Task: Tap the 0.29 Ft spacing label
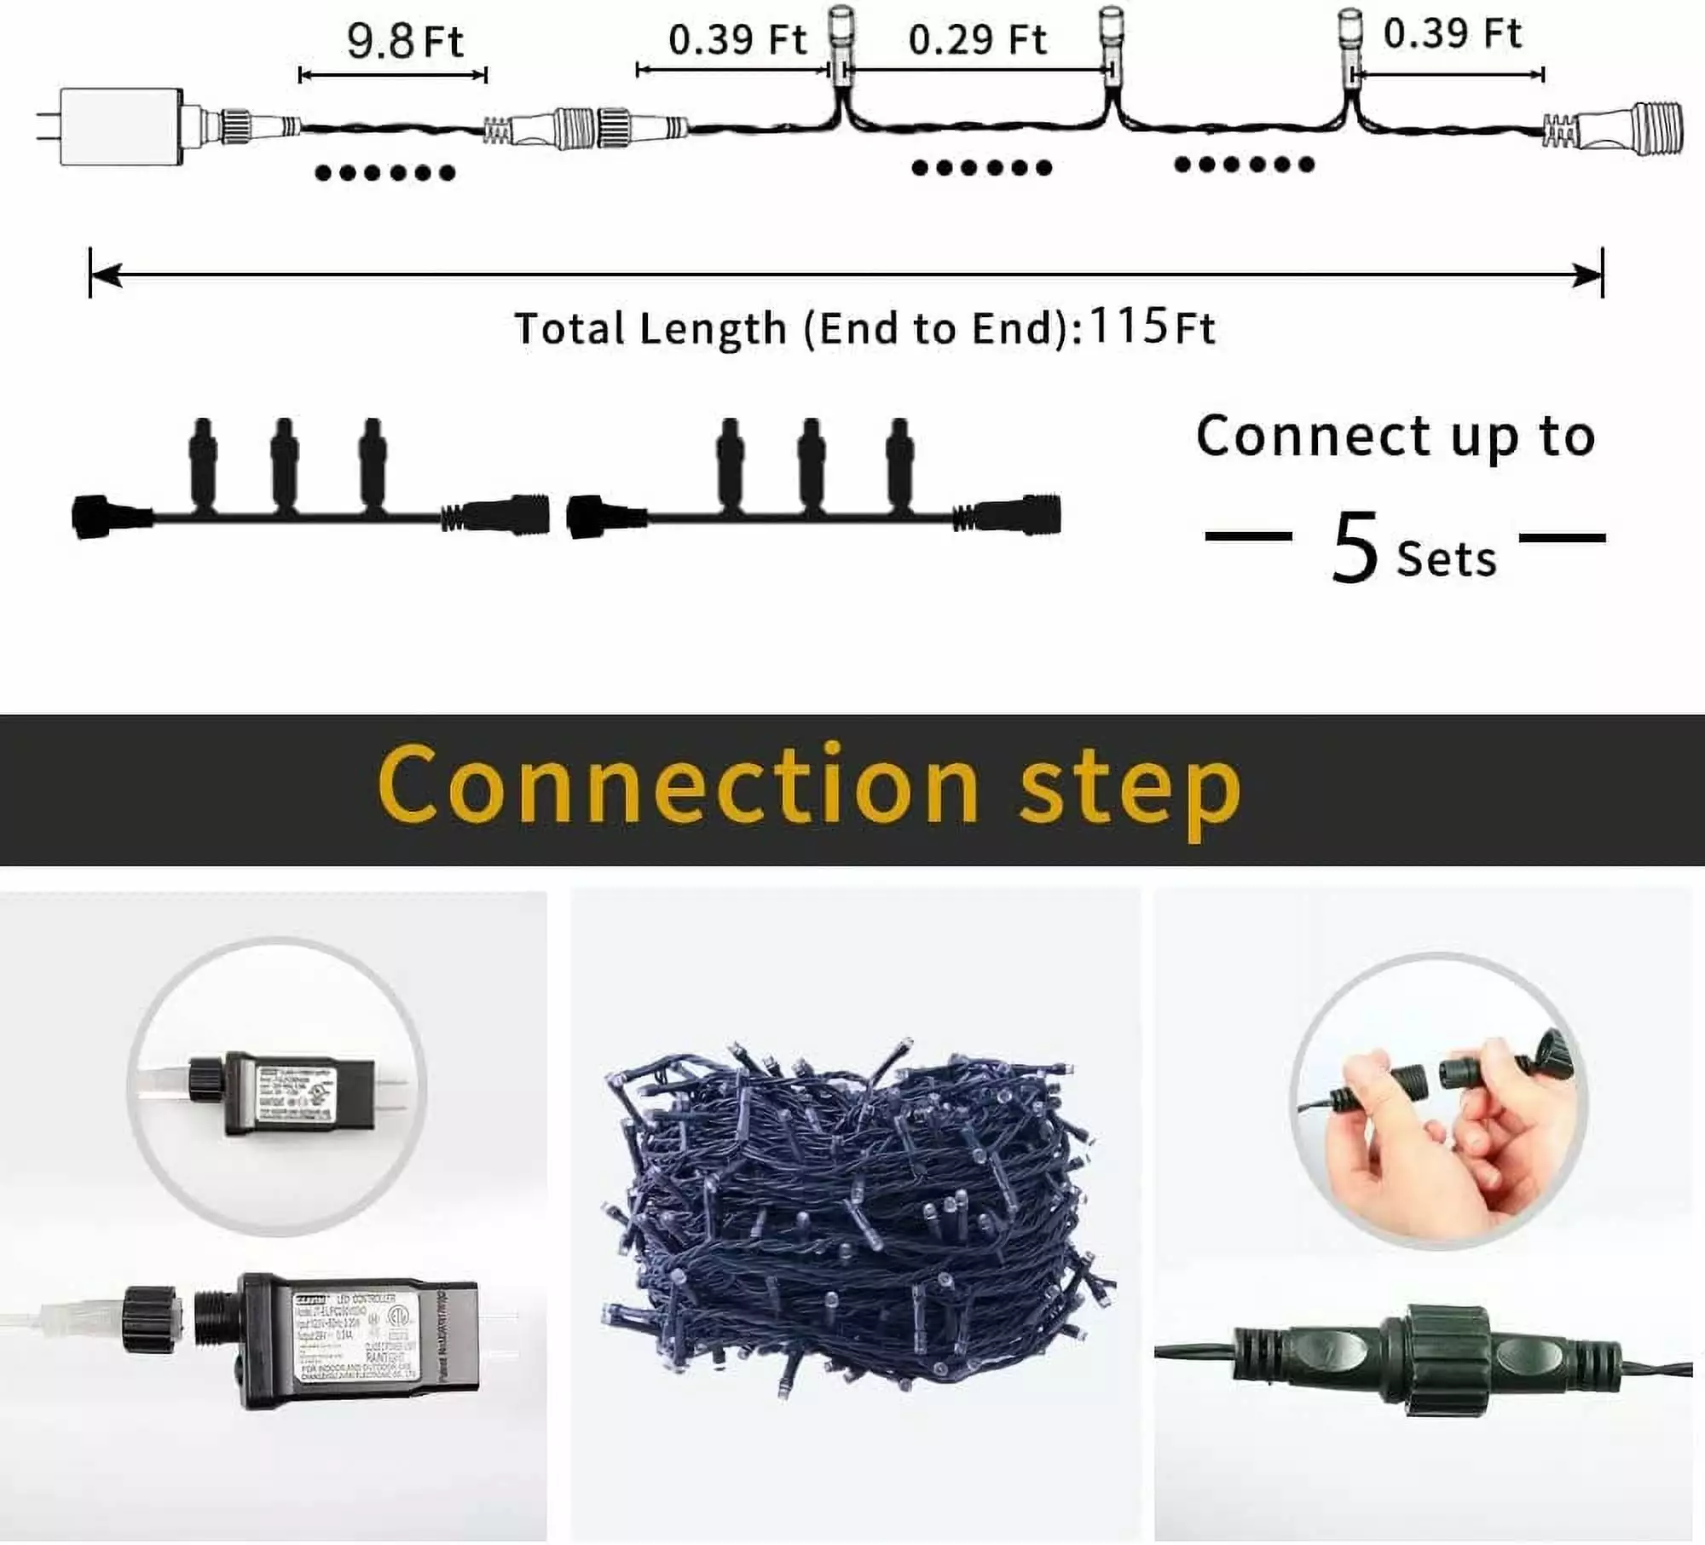(977, 40)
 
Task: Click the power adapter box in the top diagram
(121, 125)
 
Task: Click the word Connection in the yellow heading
(678, 784)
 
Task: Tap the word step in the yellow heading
(1130, 789)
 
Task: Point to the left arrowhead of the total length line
(104, 275)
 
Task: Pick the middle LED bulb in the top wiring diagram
(1112, 51)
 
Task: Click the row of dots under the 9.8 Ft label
(385, 173)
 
